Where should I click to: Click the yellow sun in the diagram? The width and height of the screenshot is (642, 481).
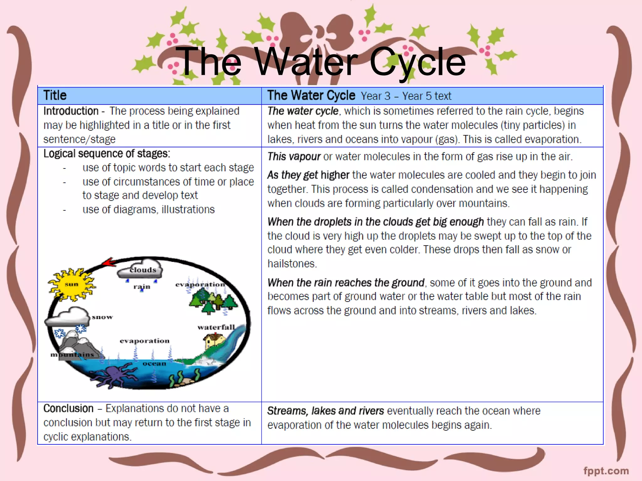(71, 284)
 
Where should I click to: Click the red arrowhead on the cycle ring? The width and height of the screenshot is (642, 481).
(109, 262)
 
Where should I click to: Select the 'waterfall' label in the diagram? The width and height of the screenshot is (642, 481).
(216, 327)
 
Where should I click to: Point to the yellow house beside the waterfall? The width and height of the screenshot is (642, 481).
(214, 341)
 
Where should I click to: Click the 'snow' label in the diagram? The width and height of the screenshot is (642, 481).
(102, 317)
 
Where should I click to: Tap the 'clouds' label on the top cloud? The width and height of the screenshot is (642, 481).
(143, 270)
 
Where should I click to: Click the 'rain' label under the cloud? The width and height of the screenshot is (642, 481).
(142, 287)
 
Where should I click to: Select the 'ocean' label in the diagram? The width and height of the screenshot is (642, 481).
(154, 364)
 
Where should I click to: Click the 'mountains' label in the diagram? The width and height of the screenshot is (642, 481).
(72, 354)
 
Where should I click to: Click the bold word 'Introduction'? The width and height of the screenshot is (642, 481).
(71, 111)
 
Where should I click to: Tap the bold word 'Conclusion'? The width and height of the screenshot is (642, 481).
(68, 409)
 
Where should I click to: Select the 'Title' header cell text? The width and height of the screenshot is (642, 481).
(55, 96)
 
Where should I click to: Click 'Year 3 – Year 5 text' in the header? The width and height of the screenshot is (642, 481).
(406, 96)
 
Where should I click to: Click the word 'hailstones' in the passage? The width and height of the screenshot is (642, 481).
(292, 264)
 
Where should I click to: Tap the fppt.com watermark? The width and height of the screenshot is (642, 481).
(606, 471)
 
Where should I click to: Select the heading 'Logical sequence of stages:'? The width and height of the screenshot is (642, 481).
(107, 154)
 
